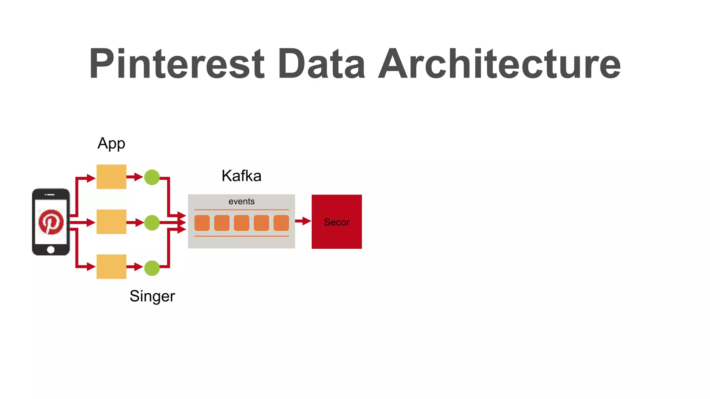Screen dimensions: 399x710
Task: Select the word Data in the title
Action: (x=321, y=64)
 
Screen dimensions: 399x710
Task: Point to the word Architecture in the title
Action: (x=499, y=64)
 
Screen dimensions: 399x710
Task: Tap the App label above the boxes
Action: (x=111, y=143)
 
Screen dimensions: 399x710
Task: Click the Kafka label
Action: (x=241, y=176)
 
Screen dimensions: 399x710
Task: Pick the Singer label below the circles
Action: (x=152, y=296)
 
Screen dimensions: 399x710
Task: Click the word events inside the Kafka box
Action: (x=241, y=202)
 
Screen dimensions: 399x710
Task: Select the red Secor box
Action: (x=337, y=222)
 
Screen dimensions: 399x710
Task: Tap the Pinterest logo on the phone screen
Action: (x=51, y=222)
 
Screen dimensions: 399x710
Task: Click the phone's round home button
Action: (x=51, y=249)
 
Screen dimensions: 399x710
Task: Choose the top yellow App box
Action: (x=111, y=177)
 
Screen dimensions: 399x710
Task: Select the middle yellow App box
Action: (x=111, y=222)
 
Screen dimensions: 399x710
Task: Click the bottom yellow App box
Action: (x=111, y=267)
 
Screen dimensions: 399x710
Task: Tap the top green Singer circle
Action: (x=152, y=177)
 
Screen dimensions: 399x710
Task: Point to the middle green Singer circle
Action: (x=152, y=222)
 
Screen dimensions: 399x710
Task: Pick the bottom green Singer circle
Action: (x=152, y=268)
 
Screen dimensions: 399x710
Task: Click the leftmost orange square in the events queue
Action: (x=202, y=223)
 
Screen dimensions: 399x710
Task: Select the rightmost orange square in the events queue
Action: (x=281, y=223)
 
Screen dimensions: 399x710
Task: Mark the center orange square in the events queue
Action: (x=242, y=223)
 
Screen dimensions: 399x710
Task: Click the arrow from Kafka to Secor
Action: (x=303, y=221)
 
